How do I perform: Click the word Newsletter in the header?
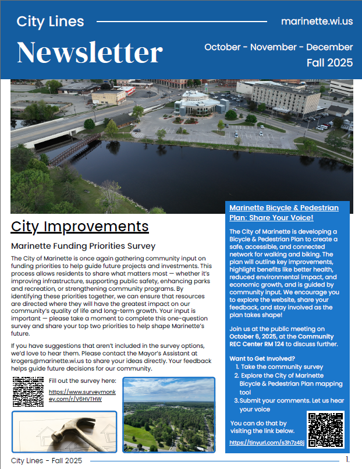click(90, 52)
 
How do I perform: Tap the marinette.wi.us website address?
click(317, 22)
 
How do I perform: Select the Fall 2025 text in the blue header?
click(329, 63)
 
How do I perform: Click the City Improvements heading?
click(80, 226)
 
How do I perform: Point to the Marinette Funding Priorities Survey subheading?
click(83, 246)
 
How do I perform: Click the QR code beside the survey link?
click(27, 392)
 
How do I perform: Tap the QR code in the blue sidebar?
click(325, 429)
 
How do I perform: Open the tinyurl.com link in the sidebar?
click(267, 443)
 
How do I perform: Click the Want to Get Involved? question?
click(262, 358)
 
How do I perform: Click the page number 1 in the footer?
click(347, 460)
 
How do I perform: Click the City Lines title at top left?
click(50, 22)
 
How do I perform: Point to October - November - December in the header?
click(278, 47)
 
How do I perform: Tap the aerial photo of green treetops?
click(169, 414)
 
